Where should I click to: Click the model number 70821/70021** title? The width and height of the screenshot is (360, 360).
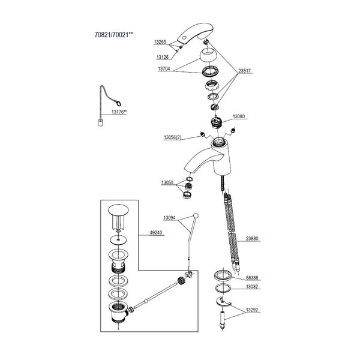tap(114, 35)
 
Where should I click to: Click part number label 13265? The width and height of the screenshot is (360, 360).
tap(160, 42)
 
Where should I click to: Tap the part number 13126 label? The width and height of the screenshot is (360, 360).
tap(163, 57)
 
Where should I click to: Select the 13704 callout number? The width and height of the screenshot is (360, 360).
tap(164, 68)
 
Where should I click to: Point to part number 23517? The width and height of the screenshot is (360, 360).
tap(244, 71)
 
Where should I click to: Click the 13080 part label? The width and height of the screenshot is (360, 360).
tap(239, 116)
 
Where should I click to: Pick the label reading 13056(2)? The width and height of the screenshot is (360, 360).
tap(172, 137)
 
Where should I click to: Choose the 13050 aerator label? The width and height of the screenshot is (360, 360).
tap(167, 182)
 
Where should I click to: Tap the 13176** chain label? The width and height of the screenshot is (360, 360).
tap(119, 112)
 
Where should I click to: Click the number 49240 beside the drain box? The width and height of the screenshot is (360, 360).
tap(156, 233)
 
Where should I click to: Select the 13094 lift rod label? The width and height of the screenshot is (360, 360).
tap(169, 218)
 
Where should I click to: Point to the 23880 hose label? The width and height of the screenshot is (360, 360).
tap(252, 239)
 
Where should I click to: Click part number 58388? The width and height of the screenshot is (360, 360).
tap(252, 278)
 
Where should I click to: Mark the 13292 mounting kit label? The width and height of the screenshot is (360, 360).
tap(252, 310)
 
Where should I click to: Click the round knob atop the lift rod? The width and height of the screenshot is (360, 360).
tap(196, 215)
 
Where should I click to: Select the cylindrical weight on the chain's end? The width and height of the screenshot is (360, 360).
tap(101, 122)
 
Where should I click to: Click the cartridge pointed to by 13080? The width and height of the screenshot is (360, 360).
tap(217, 122)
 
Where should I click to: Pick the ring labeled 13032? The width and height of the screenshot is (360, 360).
tap(223, 288)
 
